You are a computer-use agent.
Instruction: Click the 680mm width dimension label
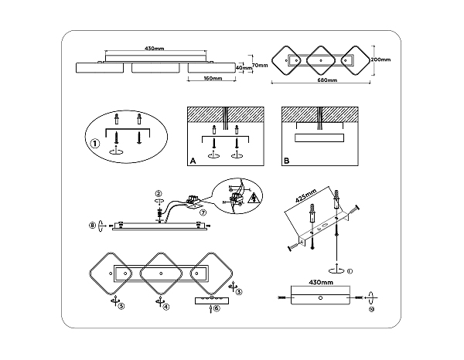[324, 80]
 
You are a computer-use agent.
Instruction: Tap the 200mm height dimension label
[380, 59]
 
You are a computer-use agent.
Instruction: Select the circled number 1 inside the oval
[95, 142]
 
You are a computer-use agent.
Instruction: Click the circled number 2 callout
[158, 193]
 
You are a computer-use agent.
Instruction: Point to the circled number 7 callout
[203, 212]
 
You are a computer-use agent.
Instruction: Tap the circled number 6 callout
[217, 307]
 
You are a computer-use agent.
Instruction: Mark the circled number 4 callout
[166, 307]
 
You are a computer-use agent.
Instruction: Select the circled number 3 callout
[238, 292]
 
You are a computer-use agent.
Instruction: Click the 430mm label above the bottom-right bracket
[320, 284]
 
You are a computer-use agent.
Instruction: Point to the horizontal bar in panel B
[320, 138]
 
